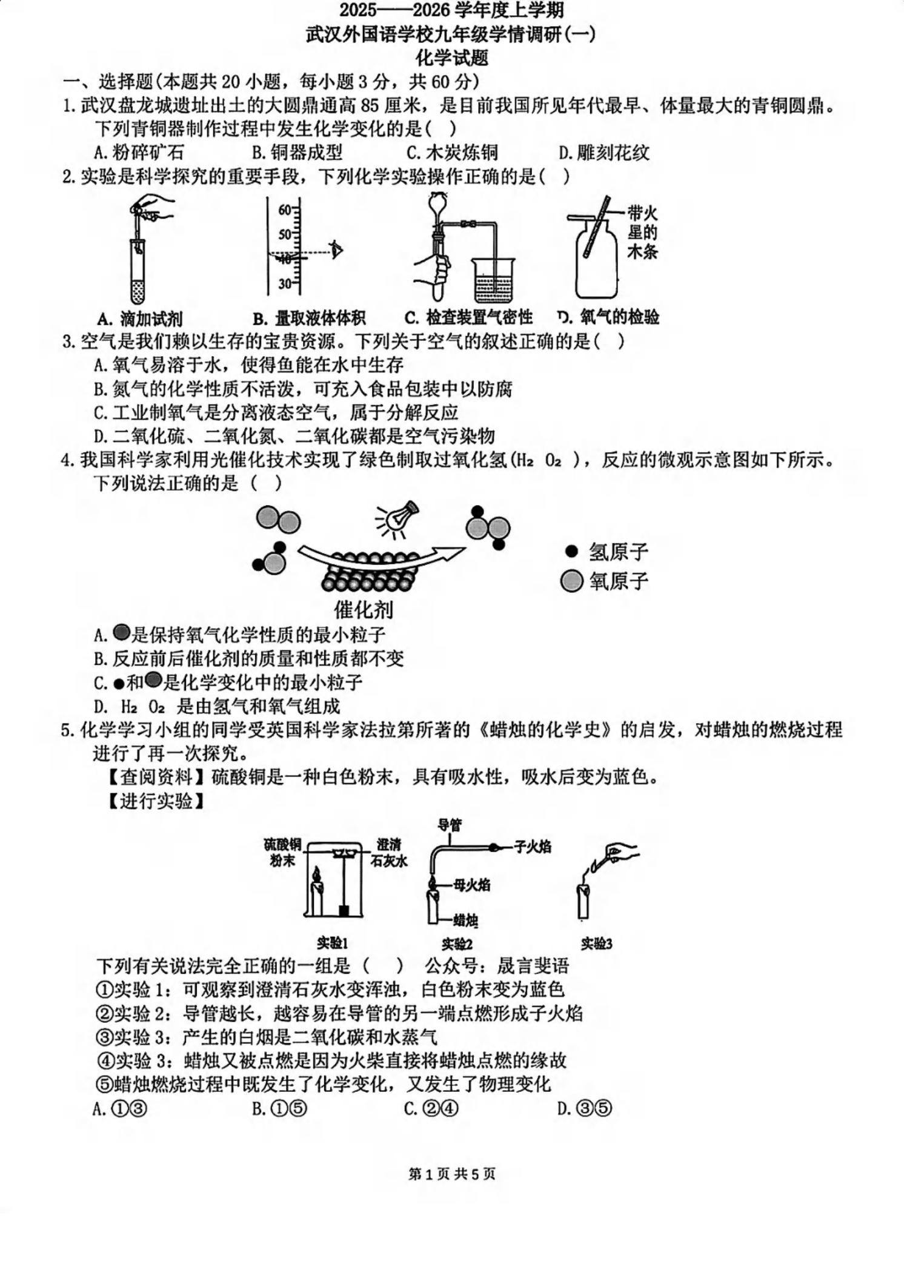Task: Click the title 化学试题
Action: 451,58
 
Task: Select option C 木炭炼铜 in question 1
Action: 452,153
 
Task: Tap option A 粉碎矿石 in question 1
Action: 139,153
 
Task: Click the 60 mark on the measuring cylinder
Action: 285,210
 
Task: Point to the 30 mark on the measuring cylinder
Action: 285,283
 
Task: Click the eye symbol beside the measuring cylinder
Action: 336,249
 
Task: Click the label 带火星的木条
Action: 642,232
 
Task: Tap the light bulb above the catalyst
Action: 399,518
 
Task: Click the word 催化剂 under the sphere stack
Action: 364,609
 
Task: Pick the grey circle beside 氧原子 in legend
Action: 571,581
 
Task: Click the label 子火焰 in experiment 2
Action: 533,847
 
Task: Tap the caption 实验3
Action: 596,944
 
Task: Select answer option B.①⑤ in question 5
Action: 279,1109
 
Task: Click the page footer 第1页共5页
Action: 452,1174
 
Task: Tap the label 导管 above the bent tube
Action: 450,825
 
